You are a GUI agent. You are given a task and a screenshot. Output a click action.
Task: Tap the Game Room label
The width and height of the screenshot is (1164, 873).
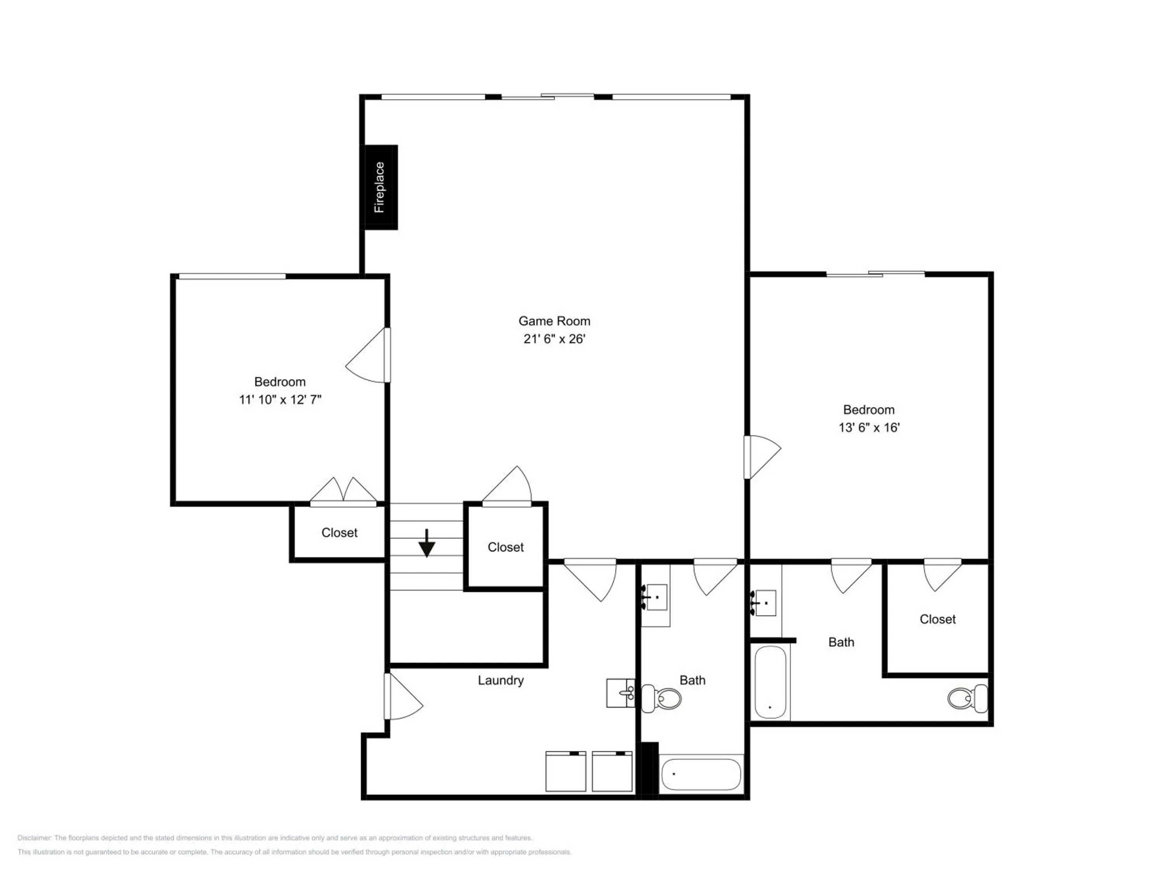[x=554, y=321]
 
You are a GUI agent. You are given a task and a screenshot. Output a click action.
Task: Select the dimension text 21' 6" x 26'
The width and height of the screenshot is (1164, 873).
[x=554, y=339]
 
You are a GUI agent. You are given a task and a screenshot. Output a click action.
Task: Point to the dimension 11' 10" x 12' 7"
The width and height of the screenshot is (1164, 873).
[x=280, y=399]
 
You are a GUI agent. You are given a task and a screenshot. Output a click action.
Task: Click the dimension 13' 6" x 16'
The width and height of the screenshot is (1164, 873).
[x=869, y=427]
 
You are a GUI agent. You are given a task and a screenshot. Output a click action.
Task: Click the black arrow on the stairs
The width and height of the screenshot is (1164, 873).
[x=427, y=542]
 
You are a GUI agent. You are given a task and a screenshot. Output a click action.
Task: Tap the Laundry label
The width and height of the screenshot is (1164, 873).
[x=501, y=681]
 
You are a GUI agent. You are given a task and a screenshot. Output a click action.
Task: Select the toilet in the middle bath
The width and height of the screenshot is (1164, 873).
[x=662, y=698]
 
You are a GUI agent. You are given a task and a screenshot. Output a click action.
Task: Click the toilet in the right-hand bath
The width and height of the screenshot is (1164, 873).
[x=968, y=698]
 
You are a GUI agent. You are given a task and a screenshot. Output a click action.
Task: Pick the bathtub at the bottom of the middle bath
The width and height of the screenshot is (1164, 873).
[x=701, y=774]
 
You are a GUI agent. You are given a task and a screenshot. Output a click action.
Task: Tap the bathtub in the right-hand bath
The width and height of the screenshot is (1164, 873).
[x=771, y=682]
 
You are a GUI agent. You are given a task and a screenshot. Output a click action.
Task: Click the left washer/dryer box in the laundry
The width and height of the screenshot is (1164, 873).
[x=566, y=771]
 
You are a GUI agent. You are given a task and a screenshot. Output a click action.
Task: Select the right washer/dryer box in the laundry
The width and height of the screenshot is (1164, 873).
[x=612, y=771]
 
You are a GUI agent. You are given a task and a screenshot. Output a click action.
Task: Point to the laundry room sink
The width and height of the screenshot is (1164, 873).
[x=621, y=693]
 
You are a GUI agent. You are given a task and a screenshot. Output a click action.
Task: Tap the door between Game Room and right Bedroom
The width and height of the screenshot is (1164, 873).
[x=762, y=457]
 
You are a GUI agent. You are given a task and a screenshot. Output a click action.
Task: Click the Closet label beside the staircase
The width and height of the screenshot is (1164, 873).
[x=506, y=547]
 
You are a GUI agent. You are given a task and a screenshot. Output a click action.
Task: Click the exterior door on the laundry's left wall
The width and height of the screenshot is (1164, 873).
[x=404, y=696]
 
